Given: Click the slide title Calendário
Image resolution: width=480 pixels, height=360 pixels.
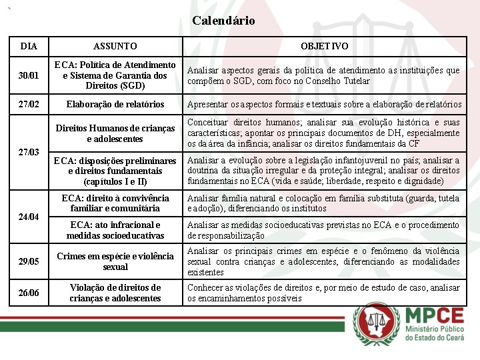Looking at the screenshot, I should click(223, 21).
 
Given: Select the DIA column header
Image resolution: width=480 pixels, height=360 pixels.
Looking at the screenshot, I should click(29, 47).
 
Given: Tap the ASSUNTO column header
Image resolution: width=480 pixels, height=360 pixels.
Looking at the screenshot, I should click(115, 47).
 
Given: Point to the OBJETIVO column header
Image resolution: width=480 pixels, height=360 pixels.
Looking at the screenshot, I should click(323, 47).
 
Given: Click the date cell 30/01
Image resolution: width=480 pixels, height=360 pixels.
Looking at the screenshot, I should click(29, 75).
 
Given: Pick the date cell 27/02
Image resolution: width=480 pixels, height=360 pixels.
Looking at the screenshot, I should click(29, 104).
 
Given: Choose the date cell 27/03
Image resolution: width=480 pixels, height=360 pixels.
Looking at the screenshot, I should click(29, 152).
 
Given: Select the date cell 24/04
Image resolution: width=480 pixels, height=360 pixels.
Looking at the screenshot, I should click(29, 217).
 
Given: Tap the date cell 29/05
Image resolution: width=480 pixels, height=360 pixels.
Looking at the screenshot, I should click(29, 261).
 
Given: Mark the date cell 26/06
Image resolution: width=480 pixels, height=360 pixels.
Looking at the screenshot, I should click(29, 293).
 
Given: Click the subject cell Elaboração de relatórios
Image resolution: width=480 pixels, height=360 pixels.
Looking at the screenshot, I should click(115, 104).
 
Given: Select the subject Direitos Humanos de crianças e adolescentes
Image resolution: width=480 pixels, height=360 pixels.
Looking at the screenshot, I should click(115, 133).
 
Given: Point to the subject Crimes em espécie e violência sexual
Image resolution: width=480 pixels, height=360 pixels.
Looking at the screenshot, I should click(115, 261).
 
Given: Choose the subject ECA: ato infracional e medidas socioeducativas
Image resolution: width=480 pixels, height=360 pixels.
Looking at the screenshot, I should click(115, 230).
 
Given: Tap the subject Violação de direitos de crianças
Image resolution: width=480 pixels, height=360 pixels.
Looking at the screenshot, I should click(115, 293).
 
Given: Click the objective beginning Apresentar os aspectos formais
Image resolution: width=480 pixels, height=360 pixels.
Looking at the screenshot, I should click(324, 104).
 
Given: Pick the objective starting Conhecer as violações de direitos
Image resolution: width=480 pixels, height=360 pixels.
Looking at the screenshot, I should click(324, 293).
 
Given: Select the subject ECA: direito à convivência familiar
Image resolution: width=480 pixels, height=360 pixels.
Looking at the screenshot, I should click(115, 203).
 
